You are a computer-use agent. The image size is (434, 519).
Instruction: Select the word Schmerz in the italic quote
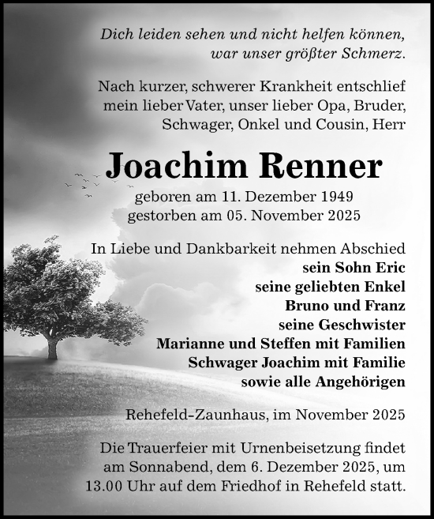[374, 55]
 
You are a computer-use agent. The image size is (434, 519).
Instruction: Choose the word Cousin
[342, 124]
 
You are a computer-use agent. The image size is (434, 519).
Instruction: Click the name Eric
[388, 267]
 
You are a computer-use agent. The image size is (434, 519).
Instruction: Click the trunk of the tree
[53, 347]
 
